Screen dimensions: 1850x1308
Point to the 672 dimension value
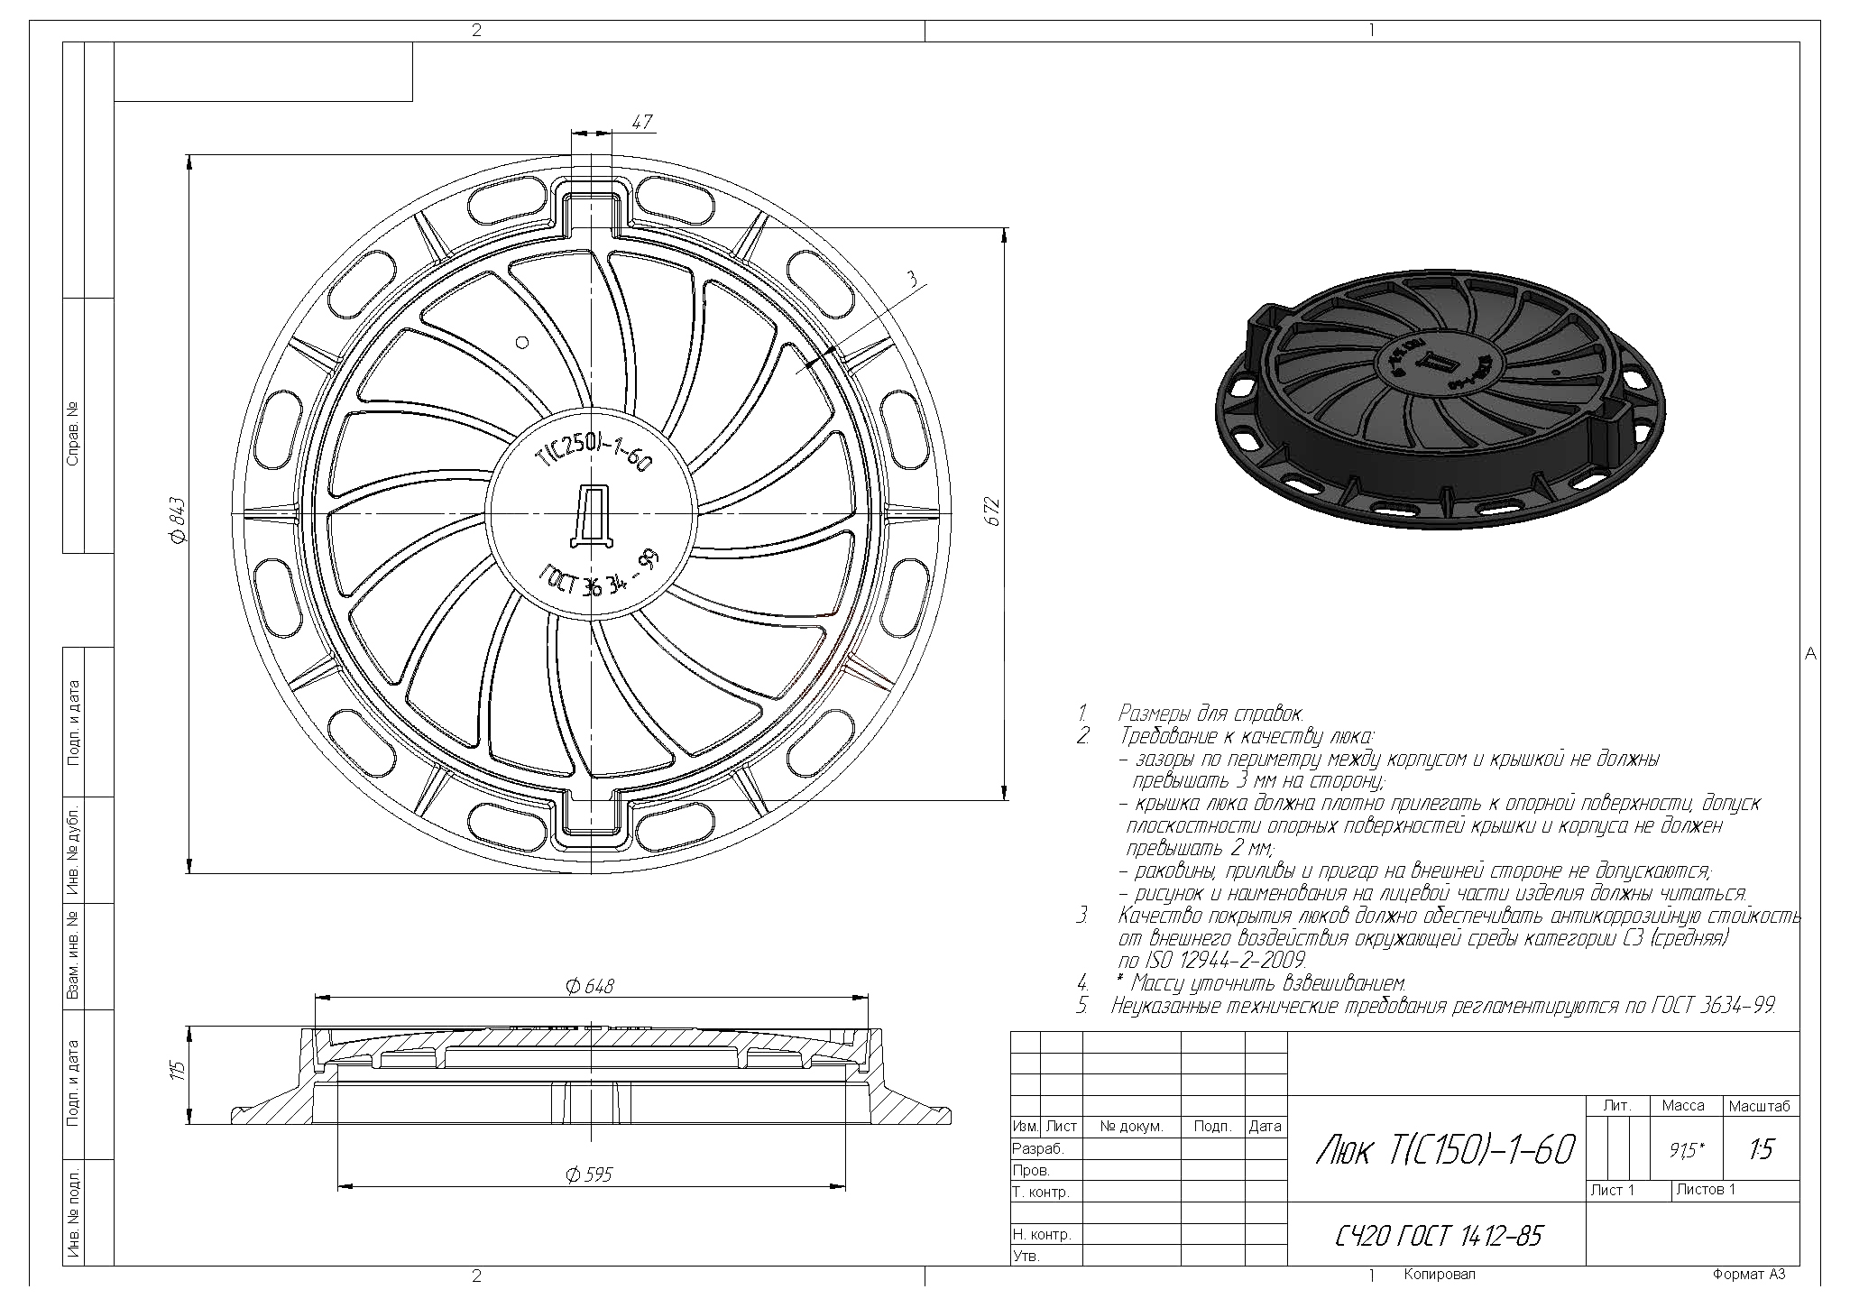pos(992,511)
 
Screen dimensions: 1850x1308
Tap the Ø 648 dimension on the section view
pos(590,986)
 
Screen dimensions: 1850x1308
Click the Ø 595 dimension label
pos(589,1174)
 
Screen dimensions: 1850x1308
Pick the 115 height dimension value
pos(179,1071)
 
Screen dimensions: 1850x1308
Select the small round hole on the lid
pos(520,342)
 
